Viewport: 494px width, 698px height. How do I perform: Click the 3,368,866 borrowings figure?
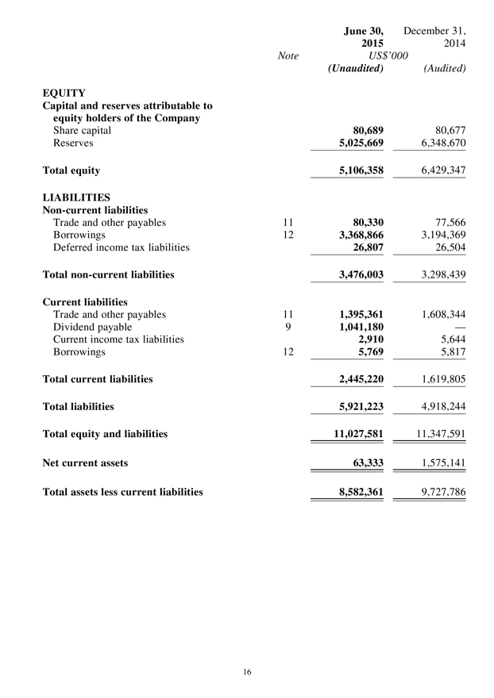click(356, 236)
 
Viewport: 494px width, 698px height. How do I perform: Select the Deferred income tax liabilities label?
click(121, 247)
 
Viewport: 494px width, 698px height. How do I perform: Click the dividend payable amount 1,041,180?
click(356, 326)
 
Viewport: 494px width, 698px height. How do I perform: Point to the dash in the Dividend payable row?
click(456, 326)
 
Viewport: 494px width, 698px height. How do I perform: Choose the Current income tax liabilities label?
click(118, 339)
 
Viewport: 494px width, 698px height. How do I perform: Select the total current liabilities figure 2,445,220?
click(356, 379)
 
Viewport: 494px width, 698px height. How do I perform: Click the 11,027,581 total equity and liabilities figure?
click(353, 434)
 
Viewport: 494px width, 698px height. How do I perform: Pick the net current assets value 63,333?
click(366, 462)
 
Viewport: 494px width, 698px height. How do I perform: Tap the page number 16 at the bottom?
click(247, 672)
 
